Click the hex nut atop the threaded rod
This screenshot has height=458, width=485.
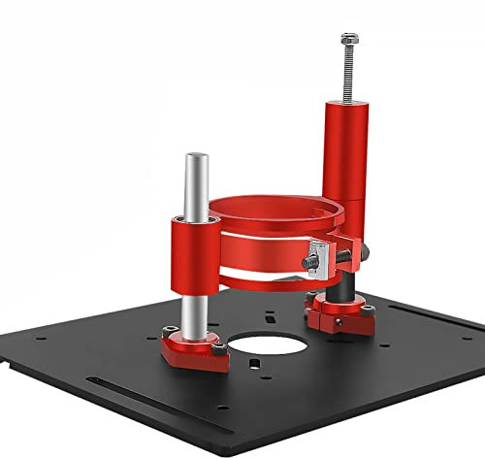tap(347, 41)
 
